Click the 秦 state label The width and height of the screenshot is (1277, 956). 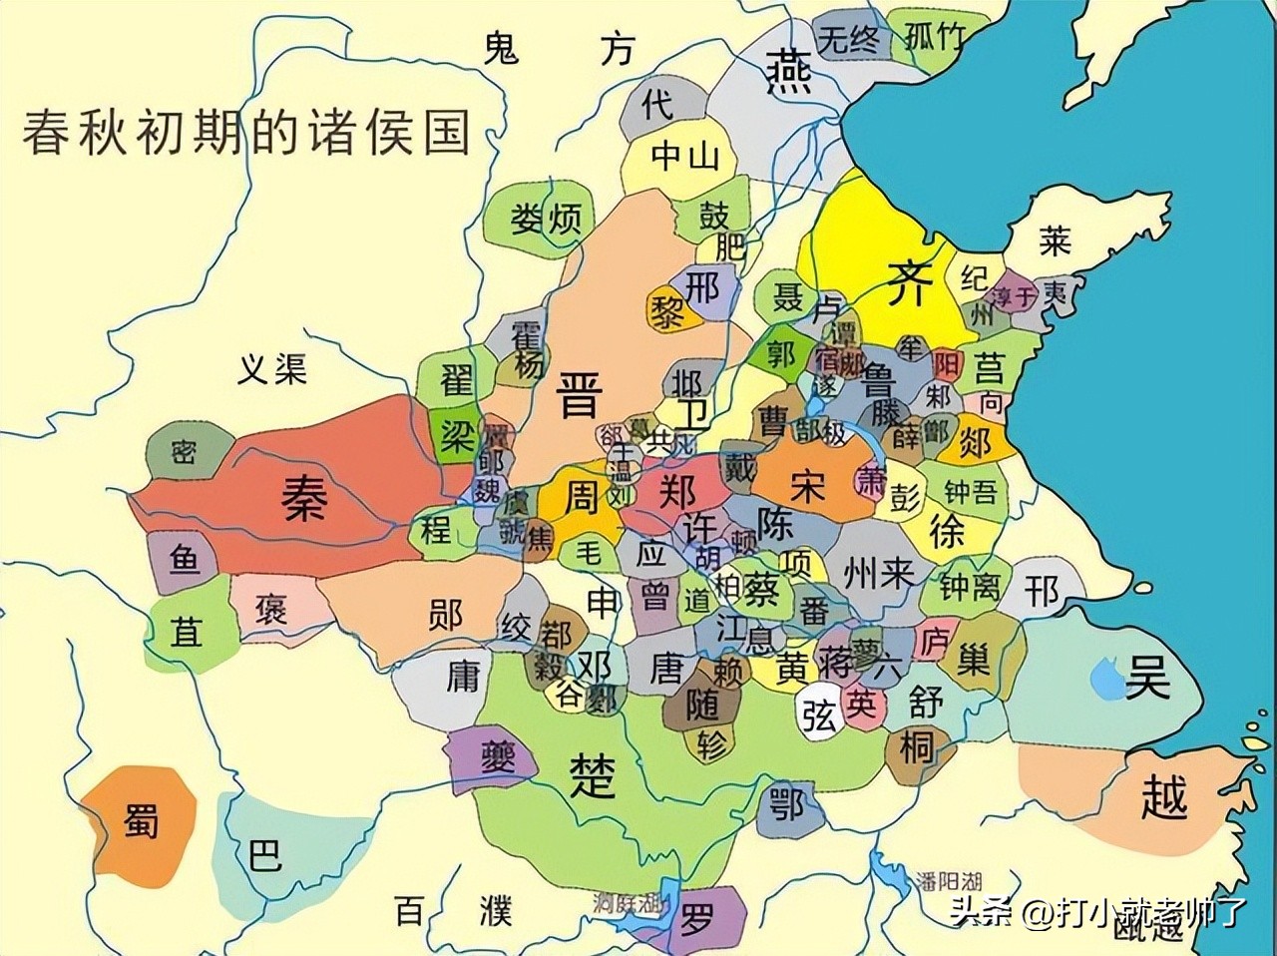(302, 496)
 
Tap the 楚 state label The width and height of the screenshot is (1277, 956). (595, 775)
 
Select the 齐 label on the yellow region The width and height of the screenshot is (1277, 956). (909, 283)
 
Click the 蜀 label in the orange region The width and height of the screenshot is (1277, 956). (141, 822)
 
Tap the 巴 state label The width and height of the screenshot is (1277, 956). (263, 855)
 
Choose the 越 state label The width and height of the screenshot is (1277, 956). (1164, 797)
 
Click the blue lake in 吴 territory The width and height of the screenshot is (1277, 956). (1106, 680)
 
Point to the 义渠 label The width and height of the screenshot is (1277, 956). (271, 370)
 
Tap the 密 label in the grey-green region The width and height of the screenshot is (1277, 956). (183, 453)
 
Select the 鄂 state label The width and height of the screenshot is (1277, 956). (787, 803)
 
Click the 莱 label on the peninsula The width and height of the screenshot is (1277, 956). (1054, 240)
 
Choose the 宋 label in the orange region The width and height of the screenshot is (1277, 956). (806, 486)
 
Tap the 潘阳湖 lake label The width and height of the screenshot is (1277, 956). (948, 881)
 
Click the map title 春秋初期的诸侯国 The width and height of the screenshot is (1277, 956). (246, 132)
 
